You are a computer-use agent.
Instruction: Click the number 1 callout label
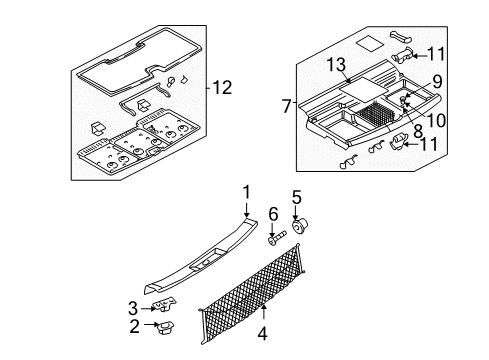point(243,190)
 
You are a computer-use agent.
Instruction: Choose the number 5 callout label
point(296,197)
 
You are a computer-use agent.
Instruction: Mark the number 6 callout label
point(272,214)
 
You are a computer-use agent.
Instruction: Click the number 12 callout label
point(226,88)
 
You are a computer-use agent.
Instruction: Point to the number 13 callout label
point(337,64)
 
